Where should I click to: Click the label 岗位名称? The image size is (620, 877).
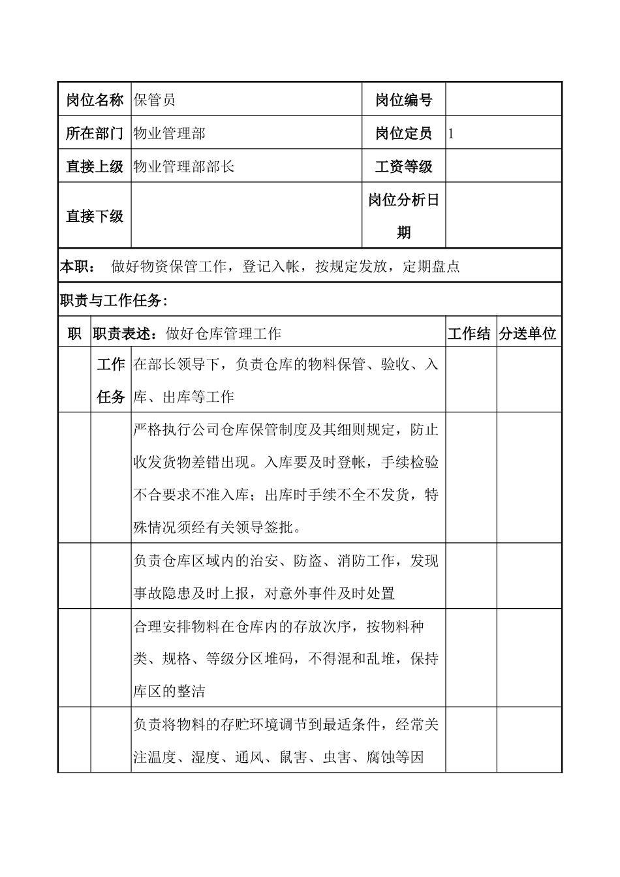coord(95,100)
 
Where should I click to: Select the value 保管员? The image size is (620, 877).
coord(155,100)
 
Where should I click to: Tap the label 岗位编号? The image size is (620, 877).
coord(403,100)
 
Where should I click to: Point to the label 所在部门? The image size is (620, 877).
coord(95,133)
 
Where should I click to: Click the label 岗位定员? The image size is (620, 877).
coord(403,133)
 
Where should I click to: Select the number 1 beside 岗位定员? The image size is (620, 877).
coord(451,134)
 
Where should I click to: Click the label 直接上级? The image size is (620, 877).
coord(95,166)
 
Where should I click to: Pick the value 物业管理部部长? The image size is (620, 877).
coord(183,166)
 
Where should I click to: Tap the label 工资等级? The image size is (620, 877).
coord(403,166)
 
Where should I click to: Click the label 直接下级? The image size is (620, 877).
coord(95,216)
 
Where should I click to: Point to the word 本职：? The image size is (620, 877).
coord(78,266)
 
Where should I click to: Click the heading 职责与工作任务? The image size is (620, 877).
coord(114,300)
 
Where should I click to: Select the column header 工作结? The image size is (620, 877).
coord(469,333)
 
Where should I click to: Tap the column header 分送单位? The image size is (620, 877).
coord(527,333)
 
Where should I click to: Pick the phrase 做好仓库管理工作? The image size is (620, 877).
coord(224,333)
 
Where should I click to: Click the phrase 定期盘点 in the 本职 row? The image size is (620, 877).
coord(431,266)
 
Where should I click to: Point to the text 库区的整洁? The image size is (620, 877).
coord(169,691)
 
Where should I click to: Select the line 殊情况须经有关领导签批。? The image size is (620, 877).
coord(217,527)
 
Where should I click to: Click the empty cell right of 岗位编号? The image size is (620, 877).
coord(503,100)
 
